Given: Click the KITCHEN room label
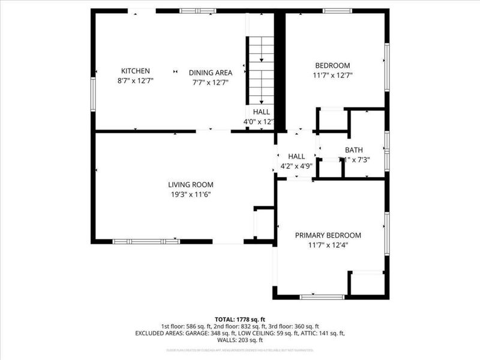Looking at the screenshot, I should (135, 71).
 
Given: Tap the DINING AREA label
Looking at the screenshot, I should (211, 73).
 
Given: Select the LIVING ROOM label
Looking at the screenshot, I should (190, 185).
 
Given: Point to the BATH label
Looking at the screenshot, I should (353, 150).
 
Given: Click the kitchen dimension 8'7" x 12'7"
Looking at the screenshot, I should (135, 82).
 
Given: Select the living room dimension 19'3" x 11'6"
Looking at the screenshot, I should (190, 194).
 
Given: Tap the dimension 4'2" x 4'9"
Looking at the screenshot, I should (296, 166).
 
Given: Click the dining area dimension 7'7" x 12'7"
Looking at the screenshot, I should (211, 82).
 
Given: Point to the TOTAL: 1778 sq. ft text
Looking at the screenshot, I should (240, 319).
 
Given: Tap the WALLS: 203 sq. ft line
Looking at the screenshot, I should (240, 340).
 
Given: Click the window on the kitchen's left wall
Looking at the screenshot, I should (93, 94).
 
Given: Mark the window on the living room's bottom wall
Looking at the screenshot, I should (146, 241).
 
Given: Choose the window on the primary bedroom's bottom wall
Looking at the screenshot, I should (322, 296).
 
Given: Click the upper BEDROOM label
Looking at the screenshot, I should (332, 66).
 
